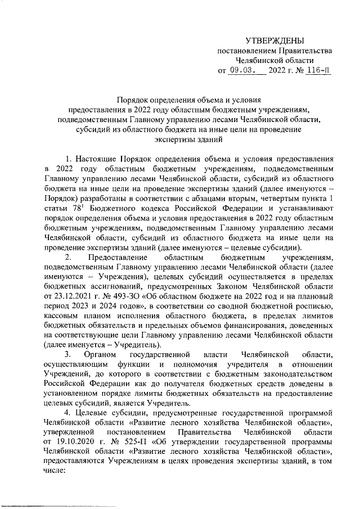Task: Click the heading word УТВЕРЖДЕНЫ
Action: tap(274, 41)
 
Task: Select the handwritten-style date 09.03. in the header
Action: tap(244, 71)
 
